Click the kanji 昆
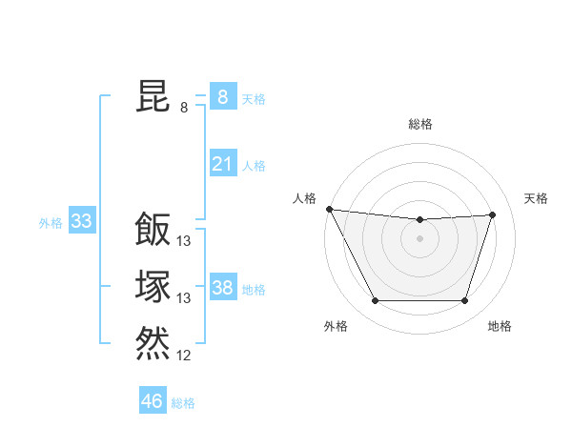153,96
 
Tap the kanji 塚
153,286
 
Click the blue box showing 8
222,96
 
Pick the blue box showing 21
222,164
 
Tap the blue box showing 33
81,222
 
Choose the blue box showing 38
222,288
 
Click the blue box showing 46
152,401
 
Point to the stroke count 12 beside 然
184,356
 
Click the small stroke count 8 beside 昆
184,108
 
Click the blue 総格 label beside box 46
183,403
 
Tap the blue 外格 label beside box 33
51,223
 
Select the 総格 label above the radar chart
419,124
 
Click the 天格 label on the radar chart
536,198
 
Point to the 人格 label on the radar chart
304,198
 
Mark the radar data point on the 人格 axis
329,208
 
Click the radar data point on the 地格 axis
464,301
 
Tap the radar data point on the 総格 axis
419,220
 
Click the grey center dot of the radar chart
419,237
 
